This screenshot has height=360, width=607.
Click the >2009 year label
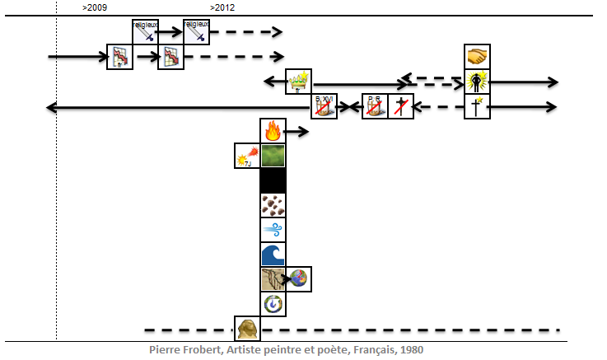[95, 7]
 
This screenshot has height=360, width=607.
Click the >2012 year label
[222, 7]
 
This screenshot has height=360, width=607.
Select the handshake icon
[477, 57]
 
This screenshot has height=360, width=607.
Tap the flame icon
[273, 131]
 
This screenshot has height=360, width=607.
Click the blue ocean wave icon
[273, 255]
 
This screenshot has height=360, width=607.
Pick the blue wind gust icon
[273, 230]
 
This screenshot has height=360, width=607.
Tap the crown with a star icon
[298, 82]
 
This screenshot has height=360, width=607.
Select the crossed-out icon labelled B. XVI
[324, 106]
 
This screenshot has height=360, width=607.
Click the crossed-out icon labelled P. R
[375, 106]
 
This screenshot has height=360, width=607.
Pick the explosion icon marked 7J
[247, 156]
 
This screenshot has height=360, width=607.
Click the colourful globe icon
[299, 279]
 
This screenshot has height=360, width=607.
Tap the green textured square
[273, 156]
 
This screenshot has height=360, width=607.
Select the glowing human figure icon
[477, 82]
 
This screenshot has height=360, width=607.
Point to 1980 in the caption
[411, 349]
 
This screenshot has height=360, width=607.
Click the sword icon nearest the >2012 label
[196, 32]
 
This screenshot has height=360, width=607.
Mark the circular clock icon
[273, 304]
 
